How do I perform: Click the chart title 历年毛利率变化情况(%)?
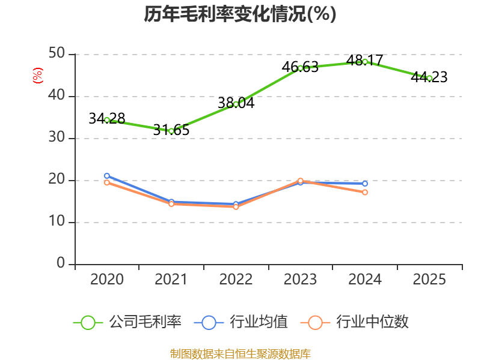click(x=240, y=14)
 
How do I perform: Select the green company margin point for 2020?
click(x=107, y=120)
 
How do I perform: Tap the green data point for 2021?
click(x=171, y=131)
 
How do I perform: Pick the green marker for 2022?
click(x=236, y=104)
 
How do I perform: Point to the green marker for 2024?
click(x=365, y=62)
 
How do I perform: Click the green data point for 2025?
click(x=429, y=78)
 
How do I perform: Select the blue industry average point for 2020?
click(x=107, y=176)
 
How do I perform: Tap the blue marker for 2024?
click(x=365, y=184)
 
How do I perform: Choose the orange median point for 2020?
click(x=107, y=182)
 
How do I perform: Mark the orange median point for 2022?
click(x=236, y=207)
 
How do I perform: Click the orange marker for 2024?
click(x=365, y=192)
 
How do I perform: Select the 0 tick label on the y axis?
click(x=61, y=264)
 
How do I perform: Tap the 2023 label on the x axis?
click(x=300, y=280)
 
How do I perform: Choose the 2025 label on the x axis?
click(x=429, y=280)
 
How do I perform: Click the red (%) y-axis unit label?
click(x=37, y=76)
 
